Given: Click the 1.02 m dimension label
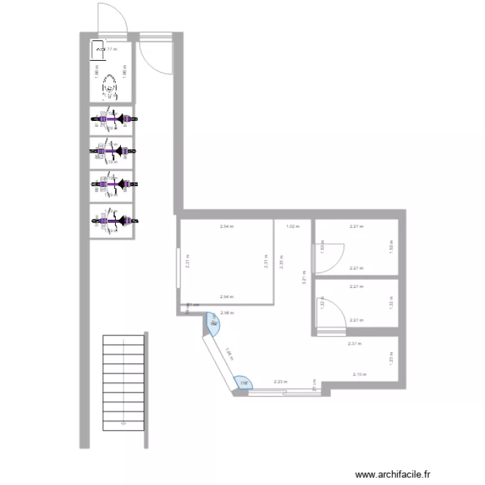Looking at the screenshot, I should point(292,226).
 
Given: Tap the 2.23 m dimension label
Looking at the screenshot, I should point(280,382).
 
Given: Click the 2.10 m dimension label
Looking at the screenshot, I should point(359,374).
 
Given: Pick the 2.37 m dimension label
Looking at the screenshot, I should point(354,343).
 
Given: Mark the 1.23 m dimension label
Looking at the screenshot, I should point(391,358).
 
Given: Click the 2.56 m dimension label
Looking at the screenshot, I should point(226,313).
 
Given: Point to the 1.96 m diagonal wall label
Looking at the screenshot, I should point(229,354).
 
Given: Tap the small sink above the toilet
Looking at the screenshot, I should point(99,48).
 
